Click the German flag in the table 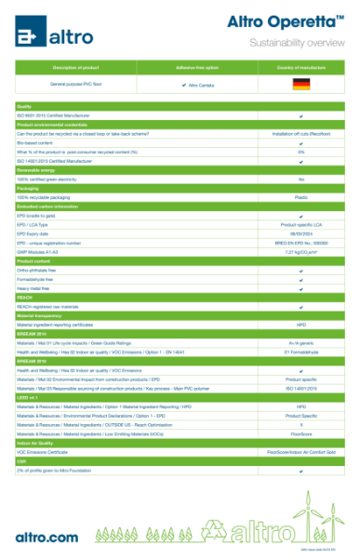(x=300, y=85)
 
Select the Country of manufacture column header (x=300, y=67)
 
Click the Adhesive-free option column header (x=197, y=67)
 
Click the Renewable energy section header (x=37, y=170)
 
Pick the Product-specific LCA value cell (x=300, y=224)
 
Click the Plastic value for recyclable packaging (x=300, y=197)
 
